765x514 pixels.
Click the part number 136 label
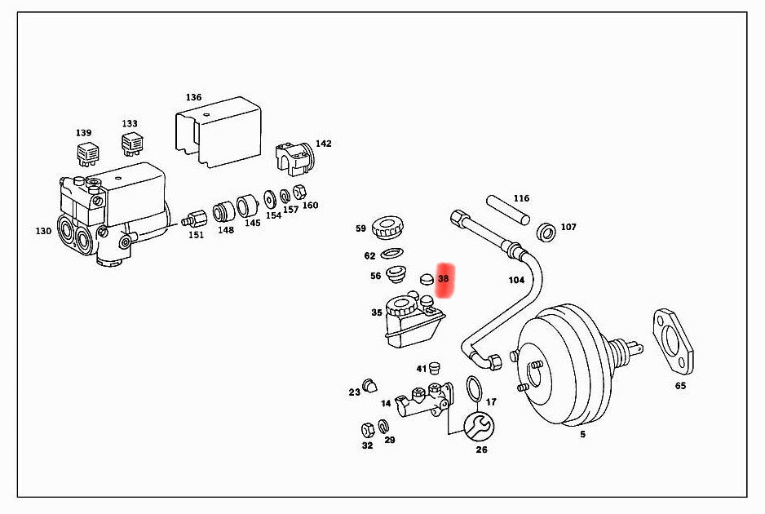click(193, 97)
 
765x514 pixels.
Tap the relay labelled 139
click(86, 152)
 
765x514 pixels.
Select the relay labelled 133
click(130, 145)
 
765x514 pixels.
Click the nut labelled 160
click(298, 193)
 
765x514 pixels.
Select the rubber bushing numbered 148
click(223, 212)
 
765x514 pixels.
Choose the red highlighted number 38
click(444, 279)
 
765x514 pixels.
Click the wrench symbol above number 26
click(477, 424)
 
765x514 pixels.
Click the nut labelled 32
click(367, 429)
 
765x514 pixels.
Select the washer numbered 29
click(384, 427)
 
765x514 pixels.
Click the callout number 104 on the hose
click(516, 279)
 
